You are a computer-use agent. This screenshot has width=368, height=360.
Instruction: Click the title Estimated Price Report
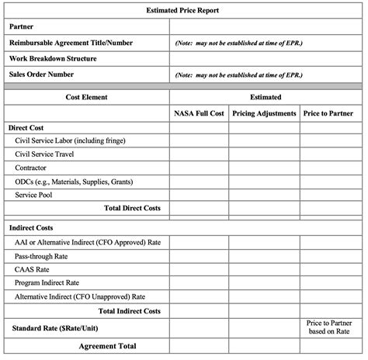tap(184, 11)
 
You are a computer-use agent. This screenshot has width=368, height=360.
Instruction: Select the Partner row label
tap(23, 26)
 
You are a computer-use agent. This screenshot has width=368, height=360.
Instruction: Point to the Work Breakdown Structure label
tap(53, 58)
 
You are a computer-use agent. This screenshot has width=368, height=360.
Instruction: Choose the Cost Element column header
tap(85, 97)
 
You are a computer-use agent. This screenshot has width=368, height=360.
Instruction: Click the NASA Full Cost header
tap(199, 113)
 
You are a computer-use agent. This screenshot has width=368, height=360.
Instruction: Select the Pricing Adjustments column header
tap(264, 113)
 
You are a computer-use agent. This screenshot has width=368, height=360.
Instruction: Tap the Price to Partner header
tap(327, 113)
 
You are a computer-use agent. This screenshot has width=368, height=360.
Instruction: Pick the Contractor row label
tap(31, 168)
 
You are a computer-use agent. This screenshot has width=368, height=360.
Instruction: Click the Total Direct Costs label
tap(132, 208)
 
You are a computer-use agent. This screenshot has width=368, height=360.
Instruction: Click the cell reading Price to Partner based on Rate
tap(327, 327)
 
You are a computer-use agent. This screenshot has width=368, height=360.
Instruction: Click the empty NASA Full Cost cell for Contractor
tap(199, 168)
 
